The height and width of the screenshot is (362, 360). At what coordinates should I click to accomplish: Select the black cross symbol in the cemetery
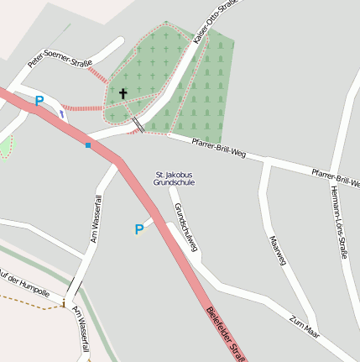point(123,93)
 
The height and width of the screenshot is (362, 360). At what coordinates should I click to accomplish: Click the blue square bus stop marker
point(88,144)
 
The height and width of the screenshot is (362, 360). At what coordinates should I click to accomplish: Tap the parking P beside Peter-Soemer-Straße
point(39,101)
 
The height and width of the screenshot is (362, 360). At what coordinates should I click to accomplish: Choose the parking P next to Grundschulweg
point(139,228)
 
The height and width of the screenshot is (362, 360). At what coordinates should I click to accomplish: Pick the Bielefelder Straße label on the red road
point(226,334)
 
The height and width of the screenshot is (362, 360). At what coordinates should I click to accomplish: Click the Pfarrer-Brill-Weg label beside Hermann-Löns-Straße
point(335,177)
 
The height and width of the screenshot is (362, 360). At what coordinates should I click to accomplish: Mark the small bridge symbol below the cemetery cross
point(138,125)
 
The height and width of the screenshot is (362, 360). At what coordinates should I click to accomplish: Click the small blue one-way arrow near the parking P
point(61,112)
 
